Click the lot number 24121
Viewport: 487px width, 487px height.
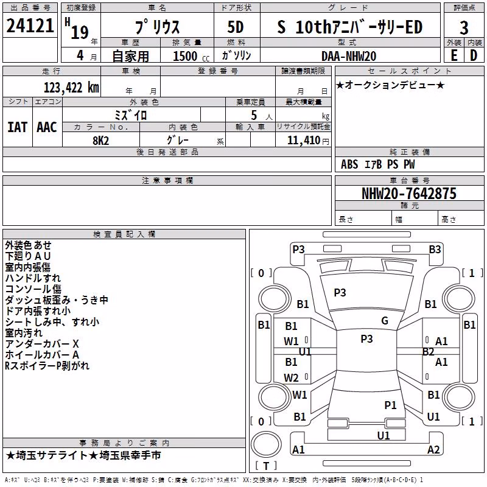30,26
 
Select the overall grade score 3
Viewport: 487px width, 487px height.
464,27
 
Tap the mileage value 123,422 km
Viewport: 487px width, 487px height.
71,88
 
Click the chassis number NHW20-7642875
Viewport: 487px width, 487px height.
409,193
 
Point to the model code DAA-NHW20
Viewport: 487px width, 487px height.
349,56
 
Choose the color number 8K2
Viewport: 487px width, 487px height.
100,141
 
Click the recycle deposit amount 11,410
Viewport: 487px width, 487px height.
303,141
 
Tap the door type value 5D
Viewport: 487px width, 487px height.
236,27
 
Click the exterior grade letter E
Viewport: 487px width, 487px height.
454,55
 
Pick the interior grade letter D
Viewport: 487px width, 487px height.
474,55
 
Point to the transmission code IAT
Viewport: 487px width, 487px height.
18,127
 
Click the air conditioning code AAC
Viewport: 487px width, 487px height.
47,127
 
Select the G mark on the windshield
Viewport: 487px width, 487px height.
385,321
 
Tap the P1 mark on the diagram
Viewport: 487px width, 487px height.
390,405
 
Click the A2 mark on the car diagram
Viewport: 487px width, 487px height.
433,449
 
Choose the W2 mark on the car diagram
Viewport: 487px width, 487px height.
291,377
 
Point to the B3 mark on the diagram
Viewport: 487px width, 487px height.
435,250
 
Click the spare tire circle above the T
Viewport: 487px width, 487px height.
266,444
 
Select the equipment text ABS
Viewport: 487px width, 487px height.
349,164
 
